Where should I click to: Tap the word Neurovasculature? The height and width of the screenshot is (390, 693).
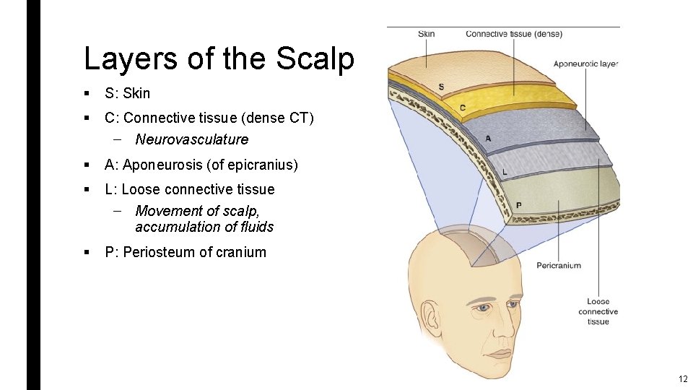(191, 139)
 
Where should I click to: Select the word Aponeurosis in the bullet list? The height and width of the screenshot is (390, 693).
(162, 165)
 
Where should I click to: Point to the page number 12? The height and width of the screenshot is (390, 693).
(682, 379)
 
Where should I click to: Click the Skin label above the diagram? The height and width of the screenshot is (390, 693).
(427, 34)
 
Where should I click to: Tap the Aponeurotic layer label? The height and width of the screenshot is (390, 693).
(585, 64)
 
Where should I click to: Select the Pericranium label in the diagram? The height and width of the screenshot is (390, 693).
(559, 266)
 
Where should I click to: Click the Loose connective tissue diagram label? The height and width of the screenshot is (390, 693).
(598, 311)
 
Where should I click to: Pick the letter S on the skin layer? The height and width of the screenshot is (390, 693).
(441, 88)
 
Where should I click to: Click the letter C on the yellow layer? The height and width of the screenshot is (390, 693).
(463, 108)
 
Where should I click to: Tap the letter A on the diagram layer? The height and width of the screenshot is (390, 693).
(489, 138)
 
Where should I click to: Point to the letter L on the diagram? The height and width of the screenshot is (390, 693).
(504, 172)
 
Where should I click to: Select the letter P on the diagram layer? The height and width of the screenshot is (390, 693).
(518, 205)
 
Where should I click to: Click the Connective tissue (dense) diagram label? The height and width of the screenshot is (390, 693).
(513, 34)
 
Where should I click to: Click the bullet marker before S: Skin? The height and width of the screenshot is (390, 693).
(86, 93)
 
